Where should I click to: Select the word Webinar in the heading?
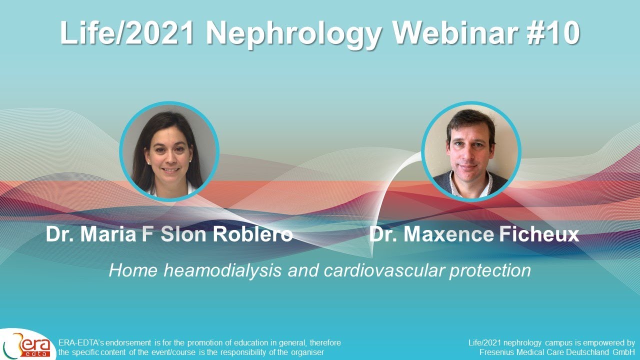pyautogui.click(x=452, y=33)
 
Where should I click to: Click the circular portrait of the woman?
pyautogui.click(x=169, y=151)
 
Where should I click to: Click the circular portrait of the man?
pyautogui.click(x=471, y=151)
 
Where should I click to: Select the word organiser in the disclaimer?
pyautogui.click(x=308, y=352)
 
